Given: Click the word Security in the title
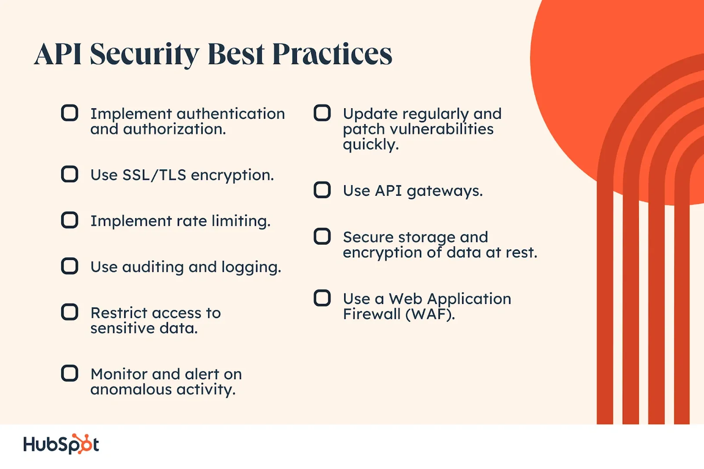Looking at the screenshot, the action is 145,55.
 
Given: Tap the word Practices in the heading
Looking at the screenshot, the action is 332,54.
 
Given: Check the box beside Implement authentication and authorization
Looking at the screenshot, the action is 70,113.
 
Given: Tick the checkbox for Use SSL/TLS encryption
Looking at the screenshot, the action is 70,174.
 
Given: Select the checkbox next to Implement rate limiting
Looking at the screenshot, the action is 70,220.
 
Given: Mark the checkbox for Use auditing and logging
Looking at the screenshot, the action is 70,266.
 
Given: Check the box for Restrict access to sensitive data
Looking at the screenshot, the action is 70,312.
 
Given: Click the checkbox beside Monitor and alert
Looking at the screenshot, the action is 70,373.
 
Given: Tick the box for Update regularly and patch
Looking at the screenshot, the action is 322,113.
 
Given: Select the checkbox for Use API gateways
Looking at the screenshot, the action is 322,190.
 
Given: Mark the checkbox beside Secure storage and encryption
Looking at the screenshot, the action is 322,236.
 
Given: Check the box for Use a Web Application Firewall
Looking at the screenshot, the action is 322,298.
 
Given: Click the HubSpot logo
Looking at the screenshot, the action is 61,444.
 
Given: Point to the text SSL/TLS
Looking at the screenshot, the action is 154,175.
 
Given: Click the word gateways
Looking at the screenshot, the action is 445,191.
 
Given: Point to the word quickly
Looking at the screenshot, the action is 371,145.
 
